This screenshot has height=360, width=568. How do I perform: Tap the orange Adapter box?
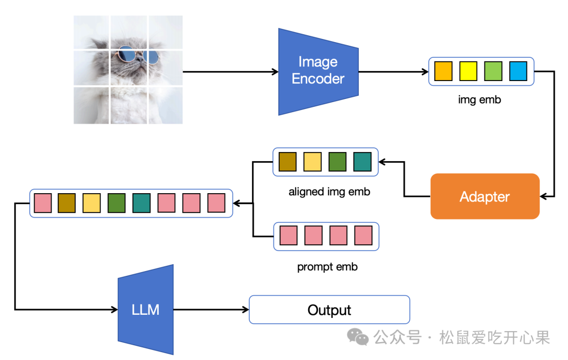485,196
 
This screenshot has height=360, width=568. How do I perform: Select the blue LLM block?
146,309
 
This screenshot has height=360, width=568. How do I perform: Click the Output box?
329,309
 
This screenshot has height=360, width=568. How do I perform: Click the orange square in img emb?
443,71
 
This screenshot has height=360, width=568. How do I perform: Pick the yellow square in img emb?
468,71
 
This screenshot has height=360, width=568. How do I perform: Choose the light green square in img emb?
493,71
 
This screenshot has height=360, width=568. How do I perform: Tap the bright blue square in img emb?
518,71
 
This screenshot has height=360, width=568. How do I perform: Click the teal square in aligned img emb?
362,162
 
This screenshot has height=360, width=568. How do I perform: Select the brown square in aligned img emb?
288,162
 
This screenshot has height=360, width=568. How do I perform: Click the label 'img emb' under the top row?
480,99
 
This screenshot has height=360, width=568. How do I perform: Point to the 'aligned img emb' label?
329,192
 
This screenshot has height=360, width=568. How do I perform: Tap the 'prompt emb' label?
327,267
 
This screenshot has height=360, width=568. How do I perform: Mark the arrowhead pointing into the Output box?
245,309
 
